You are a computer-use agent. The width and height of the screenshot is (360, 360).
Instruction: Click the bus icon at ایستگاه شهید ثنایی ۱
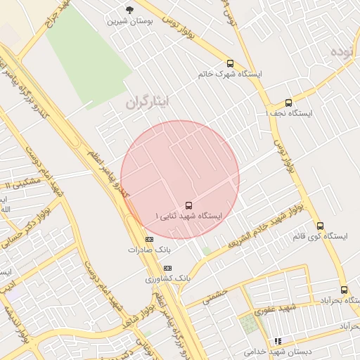(x=188, y=205)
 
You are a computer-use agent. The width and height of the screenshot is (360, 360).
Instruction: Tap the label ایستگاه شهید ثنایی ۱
(x=188, y=216)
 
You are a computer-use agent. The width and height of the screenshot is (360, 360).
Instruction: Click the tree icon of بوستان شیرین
(x=129, y=10)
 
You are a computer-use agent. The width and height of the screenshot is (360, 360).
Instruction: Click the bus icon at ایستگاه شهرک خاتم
(x=230, y=64)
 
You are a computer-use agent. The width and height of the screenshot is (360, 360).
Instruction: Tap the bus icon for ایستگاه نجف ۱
(x=288, y=103)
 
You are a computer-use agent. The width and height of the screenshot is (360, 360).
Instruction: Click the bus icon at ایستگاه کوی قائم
(x=320, y=226)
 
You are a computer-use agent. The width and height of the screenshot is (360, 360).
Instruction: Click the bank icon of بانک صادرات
(x=149, y=239)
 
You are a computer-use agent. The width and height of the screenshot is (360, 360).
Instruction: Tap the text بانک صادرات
(x=149, y=250)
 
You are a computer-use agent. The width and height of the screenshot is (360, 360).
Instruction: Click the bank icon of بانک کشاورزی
(x=167, y=268)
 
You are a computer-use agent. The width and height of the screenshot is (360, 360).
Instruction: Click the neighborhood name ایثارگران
(x=147, y=102)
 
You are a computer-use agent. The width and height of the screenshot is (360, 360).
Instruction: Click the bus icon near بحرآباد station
(x=344, y=290)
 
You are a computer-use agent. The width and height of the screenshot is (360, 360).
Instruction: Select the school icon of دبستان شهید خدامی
(x=278, y=341)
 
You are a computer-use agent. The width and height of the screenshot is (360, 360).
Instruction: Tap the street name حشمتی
(x=217, y=297)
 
